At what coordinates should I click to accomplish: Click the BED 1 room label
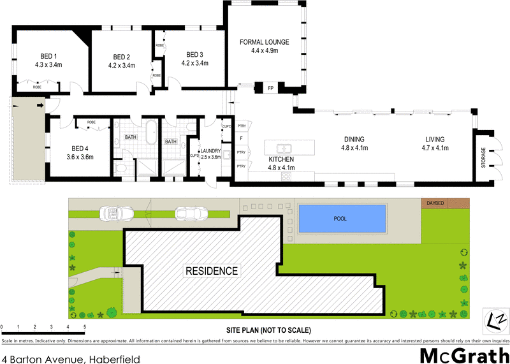pos(47,55)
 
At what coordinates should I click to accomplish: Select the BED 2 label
pos(121,55)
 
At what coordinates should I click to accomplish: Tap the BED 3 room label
pos(194,54)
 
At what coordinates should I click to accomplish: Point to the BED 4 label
pos(80,148)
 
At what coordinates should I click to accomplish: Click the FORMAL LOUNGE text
pos(265,42)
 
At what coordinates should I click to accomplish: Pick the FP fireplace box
pos(270,87)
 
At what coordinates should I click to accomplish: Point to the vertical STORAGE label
pos(484,157)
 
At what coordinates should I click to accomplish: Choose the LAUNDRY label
pos(211,151)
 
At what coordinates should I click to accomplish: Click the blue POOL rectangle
pos(342,218)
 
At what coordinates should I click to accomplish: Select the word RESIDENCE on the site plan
pos(212,271)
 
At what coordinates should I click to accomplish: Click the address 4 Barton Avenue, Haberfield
pos(71,360)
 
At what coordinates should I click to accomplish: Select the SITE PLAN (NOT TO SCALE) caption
pos(268,330)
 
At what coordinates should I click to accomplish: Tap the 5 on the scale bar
pos(85,327)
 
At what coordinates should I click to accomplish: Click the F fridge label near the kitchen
pos(241,137)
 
